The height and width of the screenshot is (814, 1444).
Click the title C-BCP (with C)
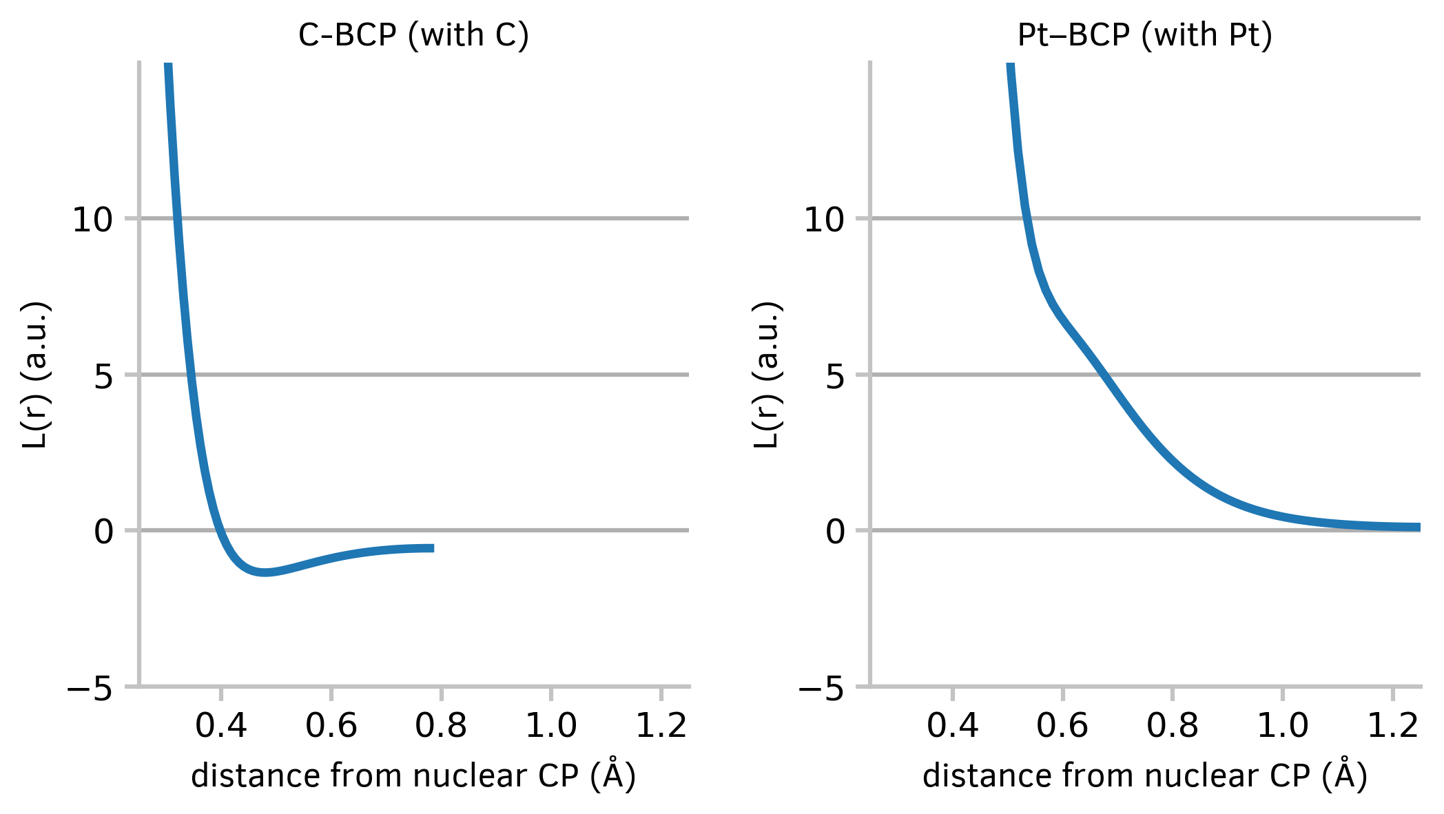pos(413,35)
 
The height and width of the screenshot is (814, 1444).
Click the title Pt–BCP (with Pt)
pos(1144,35)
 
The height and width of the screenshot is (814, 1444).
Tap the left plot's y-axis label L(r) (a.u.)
pos(34,375)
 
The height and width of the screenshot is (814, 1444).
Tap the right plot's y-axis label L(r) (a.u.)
pos(765,375)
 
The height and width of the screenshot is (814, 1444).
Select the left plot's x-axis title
pos(413,776)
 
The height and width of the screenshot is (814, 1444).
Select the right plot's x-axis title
pos(1144,776)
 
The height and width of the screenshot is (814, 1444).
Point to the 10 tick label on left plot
pos(92,220)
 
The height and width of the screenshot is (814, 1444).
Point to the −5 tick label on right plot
pos(821,688)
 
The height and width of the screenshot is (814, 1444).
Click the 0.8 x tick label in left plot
pos(441,726)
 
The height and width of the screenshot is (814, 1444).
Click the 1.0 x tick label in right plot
pos(1282,726)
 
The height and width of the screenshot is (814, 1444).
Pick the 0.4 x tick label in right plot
pos(952,726)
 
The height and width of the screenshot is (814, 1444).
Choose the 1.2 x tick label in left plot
pos(661,726)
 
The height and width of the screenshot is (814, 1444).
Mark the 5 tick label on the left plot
pos(103,377)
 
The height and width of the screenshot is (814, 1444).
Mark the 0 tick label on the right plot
pos(835,532)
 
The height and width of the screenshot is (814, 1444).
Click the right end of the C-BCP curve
pos(432,548)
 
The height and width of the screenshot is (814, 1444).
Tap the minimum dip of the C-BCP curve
pos(265,572)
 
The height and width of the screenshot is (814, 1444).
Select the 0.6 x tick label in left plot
pos(331,726)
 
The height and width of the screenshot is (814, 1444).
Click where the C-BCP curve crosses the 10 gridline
pos(177,219)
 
